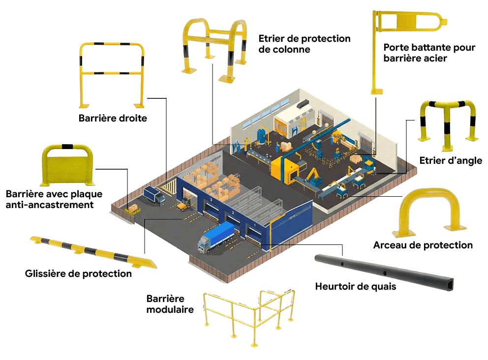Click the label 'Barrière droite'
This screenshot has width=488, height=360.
click(113, 118)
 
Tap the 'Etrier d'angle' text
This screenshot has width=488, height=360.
click(451, 160)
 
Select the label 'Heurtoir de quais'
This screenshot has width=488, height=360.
click(355, 286)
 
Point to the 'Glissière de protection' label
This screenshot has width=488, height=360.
click(78, 273)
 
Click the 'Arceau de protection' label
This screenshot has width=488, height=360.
click(423, 245)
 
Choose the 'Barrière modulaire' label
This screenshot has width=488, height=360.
click(170, 304)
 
